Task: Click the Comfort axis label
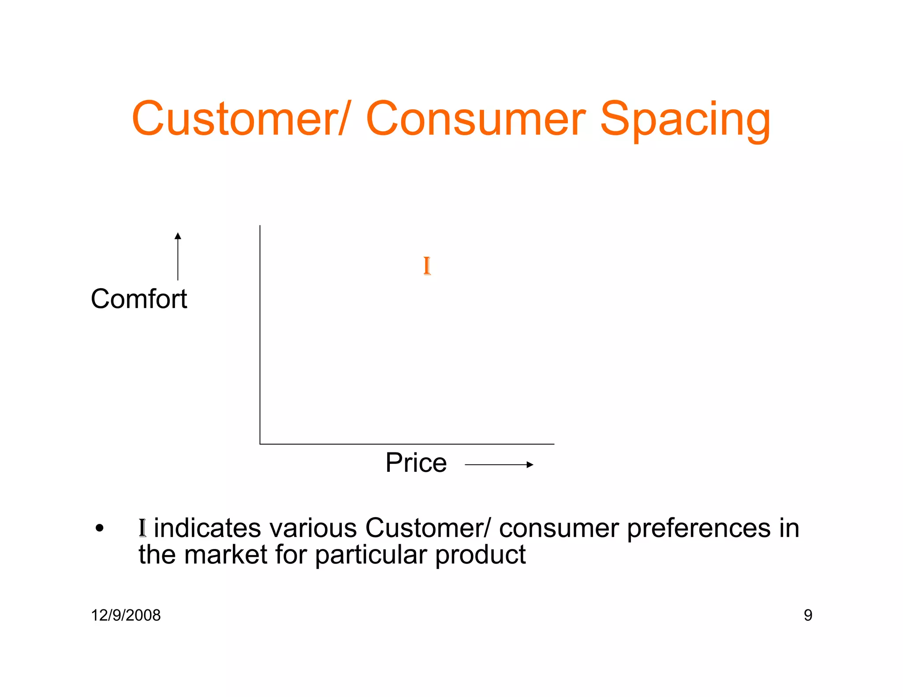139,299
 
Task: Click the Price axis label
416,463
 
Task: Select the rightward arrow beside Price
499,464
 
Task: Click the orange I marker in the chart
427,266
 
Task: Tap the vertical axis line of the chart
260,335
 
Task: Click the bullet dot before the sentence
100,528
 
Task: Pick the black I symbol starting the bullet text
142,528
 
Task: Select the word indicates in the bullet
207,528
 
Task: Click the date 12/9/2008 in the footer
126,615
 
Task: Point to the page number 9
808,615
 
